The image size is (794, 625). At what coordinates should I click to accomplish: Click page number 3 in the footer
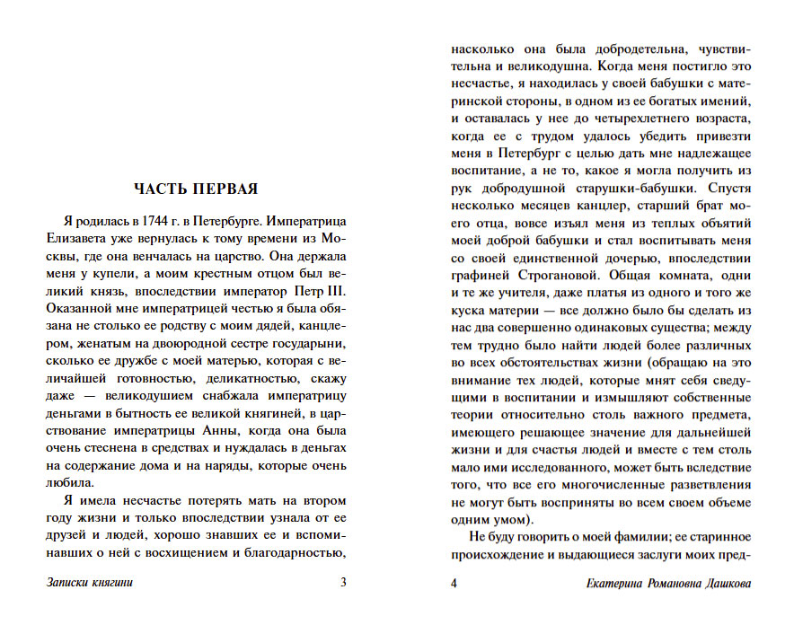click(x=343, y=583)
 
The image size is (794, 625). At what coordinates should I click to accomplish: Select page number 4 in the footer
click(x=454, y=584)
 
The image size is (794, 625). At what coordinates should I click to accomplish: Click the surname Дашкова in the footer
click(x=724, y=584)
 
